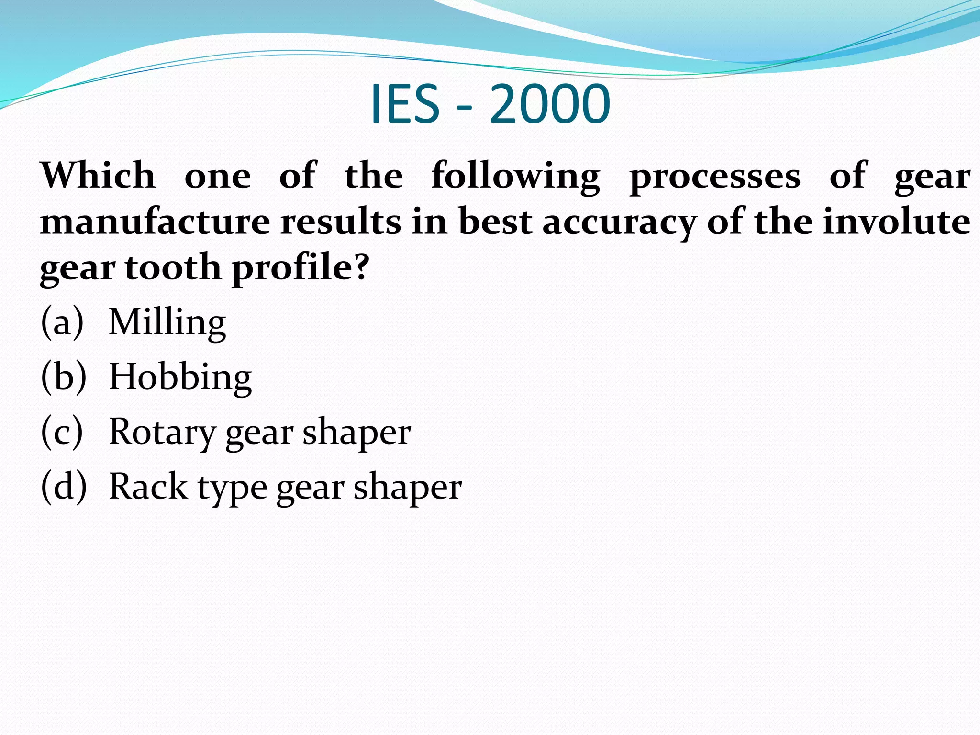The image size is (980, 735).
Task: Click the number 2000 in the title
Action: [549, 104]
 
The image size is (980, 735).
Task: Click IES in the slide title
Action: [405, 104]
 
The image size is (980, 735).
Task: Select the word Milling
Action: [167, 323]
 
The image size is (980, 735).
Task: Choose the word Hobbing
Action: [180, 378]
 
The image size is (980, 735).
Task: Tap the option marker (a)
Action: [62, 323]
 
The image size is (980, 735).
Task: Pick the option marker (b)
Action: [64, 377]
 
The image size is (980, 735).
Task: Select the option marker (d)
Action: [64, 487]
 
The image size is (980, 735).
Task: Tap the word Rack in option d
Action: [149, 487]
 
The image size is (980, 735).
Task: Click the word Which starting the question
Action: [98, 175]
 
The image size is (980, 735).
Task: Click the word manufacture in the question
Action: [155, 222]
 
